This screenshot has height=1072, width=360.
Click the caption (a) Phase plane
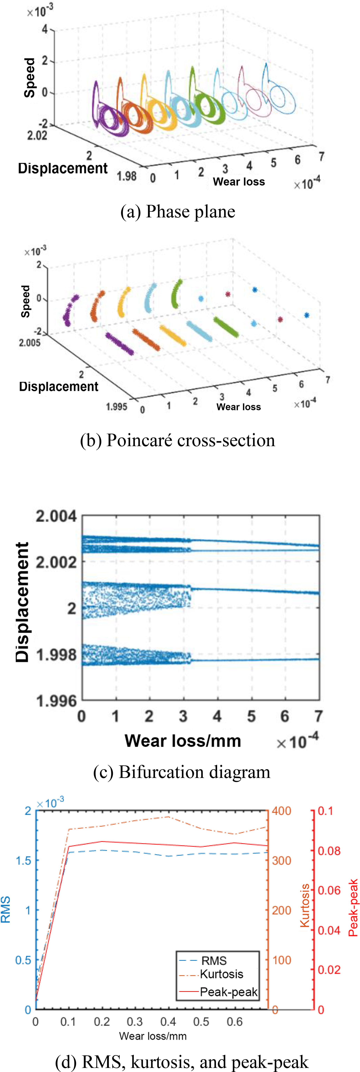(x=178, y=211)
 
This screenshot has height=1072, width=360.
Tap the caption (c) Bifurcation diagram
(x=181, y=772)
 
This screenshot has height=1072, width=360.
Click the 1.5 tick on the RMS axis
(x=23, y=861)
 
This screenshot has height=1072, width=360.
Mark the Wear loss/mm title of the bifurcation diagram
(x=183, y=741)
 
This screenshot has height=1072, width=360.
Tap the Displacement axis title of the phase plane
(x=63, y=168)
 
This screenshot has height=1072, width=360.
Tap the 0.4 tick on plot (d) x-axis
(x=168, y=1022)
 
